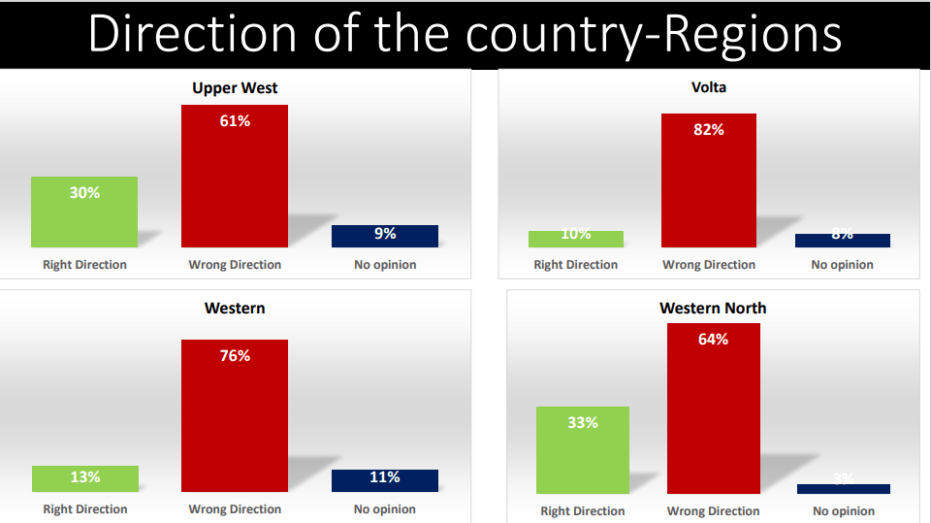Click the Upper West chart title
[x=235, y=88]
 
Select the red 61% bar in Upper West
[x=235, y=176]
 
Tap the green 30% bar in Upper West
[x=84, y=212]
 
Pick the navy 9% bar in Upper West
[x=385, y=236]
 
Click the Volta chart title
[x=709, y=87]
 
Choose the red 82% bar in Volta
[x=709, y=180]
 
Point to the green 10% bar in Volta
[x=576, y=239]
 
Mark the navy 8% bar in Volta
[x=843, y=240]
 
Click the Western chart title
[x=235, y=309]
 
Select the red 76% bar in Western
[x=235, y=415]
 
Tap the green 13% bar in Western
[x=84, y=478]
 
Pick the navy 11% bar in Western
[x=385, y=480]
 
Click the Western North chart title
[x=713, y=309]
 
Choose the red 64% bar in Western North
[x=713, y=409]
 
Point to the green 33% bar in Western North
[x=583, y=450]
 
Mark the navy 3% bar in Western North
[x=844, y=489]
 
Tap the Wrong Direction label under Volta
[x=709, y=265]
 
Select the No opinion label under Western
[x=385, y=509]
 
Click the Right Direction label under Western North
[x=583, y=511]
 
